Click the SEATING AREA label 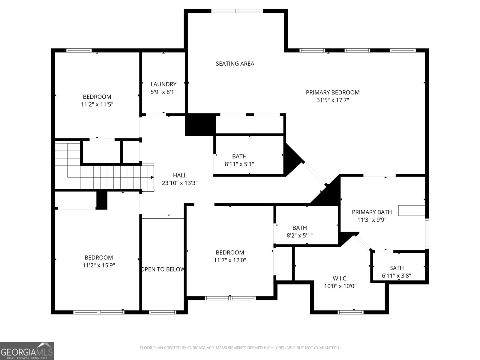click(235, 64)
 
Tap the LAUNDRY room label click(163, 84)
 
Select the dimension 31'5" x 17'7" click(333, 100)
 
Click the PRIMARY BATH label click(372, 212)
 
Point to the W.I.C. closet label click(340, 278)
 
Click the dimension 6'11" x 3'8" click(396, 276)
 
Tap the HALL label click(180, 175)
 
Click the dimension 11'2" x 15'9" click(99, 265)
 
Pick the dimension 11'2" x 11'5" click(97, 104)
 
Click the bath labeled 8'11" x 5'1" click(239, 156)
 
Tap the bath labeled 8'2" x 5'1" click(299, 228)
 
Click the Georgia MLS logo click(27, 351)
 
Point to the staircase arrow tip click(153, 177)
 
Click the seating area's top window click(237, 11)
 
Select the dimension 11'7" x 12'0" click(230, 260)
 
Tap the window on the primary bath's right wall click(427, 234)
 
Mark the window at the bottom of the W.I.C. click(350, 312)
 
